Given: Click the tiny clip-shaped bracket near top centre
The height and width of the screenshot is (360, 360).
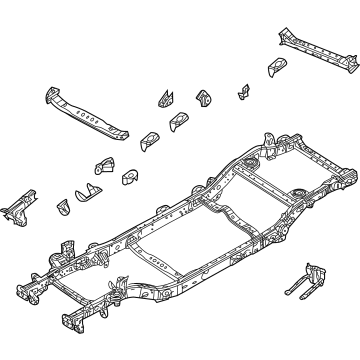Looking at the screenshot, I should click(x=243, y=93).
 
